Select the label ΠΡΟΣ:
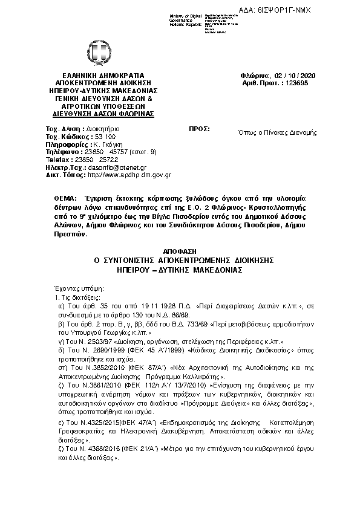[x=199, y=129]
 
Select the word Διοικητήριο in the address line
[x=102, y=129]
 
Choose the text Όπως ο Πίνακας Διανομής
[x=277, y=132]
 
